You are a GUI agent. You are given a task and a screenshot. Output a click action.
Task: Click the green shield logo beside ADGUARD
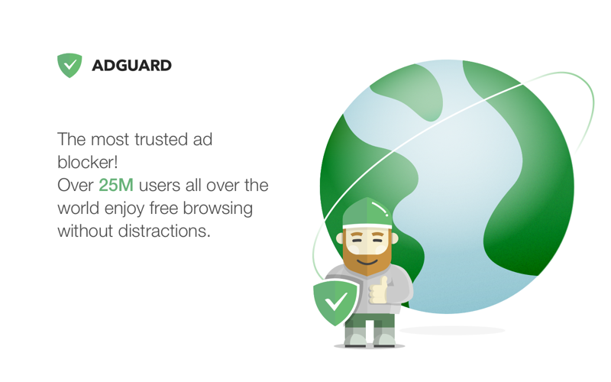coord(70,65)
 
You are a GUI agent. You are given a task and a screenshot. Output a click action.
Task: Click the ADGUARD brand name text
coord(131,66)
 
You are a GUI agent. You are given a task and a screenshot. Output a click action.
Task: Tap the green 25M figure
coord(116,185)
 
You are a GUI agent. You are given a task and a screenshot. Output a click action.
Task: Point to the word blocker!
coord(87,163)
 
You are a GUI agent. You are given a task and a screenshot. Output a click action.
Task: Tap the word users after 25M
coord(163,185)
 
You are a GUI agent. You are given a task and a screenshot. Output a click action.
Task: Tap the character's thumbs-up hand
coord(378,290)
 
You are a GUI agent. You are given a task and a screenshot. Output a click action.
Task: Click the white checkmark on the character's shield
coord(336,302)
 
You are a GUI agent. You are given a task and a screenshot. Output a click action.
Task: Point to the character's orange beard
coord(367,258)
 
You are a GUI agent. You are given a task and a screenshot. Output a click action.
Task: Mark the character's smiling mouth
coord(367,260)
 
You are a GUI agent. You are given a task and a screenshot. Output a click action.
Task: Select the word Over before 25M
coord(76,185)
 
